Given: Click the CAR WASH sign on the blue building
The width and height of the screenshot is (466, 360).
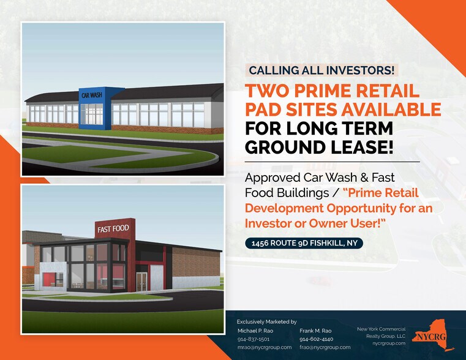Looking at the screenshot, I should tap(92, 95).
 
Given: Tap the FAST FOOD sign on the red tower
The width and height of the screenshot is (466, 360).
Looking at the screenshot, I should tap(112, 229).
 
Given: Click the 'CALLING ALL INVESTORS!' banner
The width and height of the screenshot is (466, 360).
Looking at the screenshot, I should tap(321, 70).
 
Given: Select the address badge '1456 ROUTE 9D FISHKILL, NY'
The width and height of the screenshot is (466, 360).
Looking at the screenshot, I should tap(304, 244).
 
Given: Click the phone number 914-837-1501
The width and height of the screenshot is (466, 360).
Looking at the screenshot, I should tap(254, 339).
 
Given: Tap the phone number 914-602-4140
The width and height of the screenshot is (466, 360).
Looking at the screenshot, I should tap(316, 339).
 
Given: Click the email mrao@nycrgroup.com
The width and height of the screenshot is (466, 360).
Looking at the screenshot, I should tap(264, 347).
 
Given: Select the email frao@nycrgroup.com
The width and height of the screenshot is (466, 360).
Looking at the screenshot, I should tap(325, 347).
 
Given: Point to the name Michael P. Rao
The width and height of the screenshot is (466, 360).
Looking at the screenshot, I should tap(256, 330).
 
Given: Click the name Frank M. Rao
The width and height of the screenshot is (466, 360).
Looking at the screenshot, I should tap(315, 330).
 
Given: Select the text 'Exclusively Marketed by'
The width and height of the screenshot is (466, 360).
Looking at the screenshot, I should tap(266, 321).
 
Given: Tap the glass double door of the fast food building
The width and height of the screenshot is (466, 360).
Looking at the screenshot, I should tap(141, 281).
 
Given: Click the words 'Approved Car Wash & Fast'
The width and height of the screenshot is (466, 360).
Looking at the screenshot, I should tap(320, 178).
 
